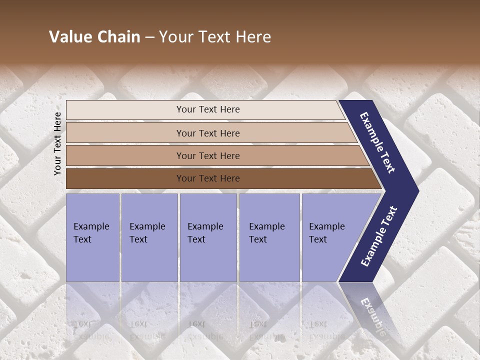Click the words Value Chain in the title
coord(94,37)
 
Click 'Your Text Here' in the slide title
coord(215,37)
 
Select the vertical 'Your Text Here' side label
coord(57,143)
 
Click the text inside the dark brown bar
coord(208,178)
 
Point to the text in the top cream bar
coord(208,109)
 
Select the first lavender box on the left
coord(92,237)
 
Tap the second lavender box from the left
coord(149,237)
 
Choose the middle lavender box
coord(208,237)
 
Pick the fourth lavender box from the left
coord(269,237)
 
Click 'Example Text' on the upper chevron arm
coord(377,142)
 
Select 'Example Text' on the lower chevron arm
coord(379,236)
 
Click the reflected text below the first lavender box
coord(92,330)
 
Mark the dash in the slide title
coord(149,37)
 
